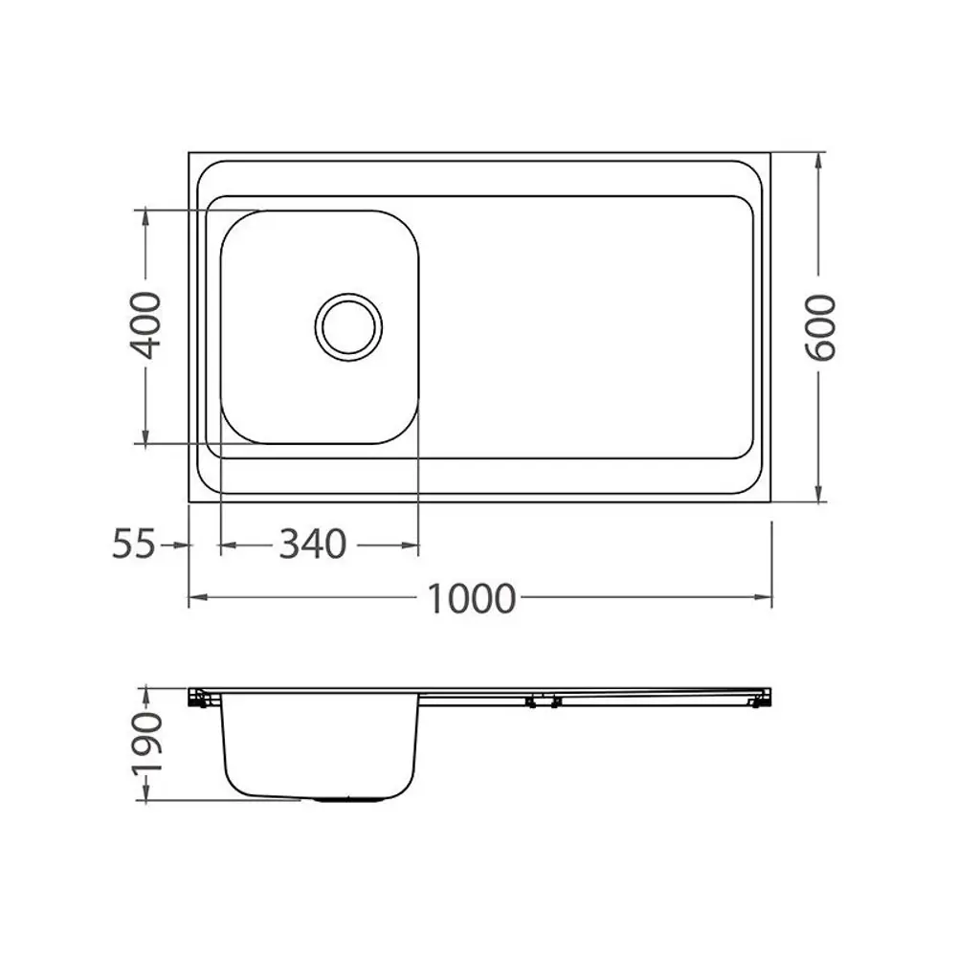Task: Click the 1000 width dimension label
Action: click(x=471, y=599)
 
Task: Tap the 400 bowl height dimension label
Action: click(x=145, y=325)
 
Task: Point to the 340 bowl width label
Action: click(x=313, y=544)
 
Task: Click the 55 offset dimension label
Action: click(x=134, y=544)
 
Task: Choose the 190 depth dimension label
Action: click(x=147, y=743)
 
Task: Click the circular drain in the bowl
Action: click(x=348, y=327)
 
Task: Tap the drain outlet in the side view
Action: click(x=349, y=798)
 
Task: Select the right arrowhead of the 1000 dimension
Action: click(x=763, y=597)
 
